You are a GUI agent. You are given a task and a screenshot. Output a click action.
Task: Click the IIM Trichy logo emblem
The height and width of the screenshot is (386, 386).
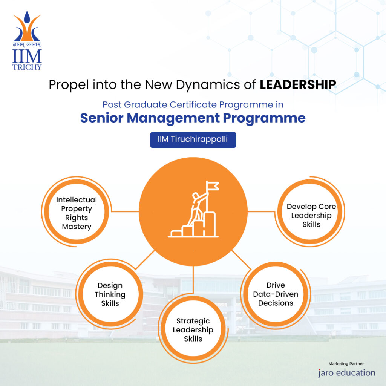(x=27, y=27)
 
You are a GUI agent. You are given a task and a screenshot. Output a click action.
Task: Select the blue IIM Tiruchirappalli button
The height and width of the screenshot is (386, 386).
(x=193, y=140)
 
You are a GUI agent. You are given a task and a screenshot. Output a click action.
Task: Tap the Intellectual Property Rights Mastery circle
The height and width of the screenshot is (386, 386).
(x=77, y=213)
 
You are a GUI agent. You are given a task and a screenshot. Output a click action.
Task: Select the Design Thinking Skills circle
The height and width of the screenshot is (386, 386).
(x=110, y=294)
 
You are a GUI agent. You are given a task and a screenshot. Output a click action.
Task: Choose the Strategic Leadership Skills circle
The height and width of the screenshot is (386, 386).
(x=193, y=329)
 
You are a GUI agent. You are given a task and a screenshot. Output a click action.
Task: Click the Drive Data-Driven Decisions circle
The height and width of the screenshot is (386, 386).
(x=276, y=294)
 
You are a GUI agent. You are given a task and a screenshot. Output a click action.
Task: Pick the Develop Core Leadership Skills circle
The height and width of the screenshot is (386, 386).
(x=311, y=215)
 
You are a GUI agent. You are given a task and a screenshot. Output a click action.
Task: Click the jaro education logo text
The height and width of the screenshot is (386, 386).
(x=346, y=373)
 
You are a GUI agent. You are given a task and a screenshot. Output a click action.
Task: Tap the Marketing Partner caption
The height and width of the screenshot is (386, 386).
(x=346, y=364)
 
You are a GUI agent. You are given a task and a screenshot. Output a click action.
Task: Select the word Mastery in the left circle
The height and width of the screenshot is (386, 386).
(x=77, y=227)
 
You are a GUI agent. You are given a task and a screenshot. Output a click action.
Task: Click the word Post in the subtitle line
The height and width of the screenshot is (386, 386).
(x=112, y=104)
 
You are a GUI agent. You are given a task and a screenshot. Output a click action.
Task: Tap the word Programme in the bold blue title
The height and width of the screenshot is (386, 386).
(x=264, y=118)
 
